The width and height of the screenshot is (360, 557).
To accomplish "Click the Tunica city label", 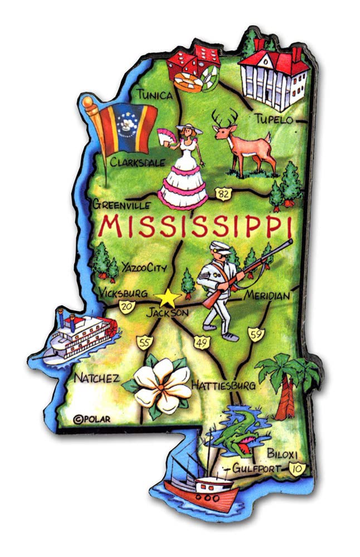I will point(155,95).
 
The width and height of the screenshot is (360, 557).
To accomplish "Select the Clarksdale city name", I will point(137,163).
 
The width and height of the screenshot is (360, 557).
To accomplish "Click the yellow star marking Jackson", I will point(167,298).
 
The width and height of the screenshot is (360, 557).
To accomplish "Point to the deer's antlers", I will point(225,116).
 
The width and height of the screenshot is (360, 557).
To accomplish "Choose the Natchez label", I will point(96,378).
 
